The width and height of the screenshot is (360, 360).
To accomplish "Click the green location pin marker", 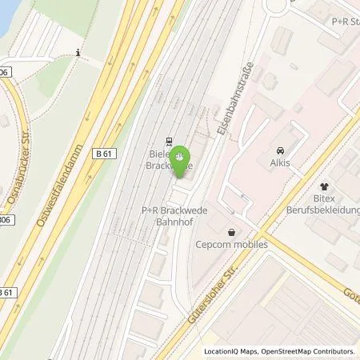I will pos(181,157).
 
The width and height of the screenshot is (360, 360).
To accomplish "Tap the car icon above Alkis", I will pos(279,149).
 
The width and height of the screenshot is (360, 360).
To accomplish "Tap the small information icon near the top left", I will pos(78,53).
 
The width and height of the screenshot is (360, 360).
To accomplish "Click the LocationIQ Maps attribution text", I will pos(229,351).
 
